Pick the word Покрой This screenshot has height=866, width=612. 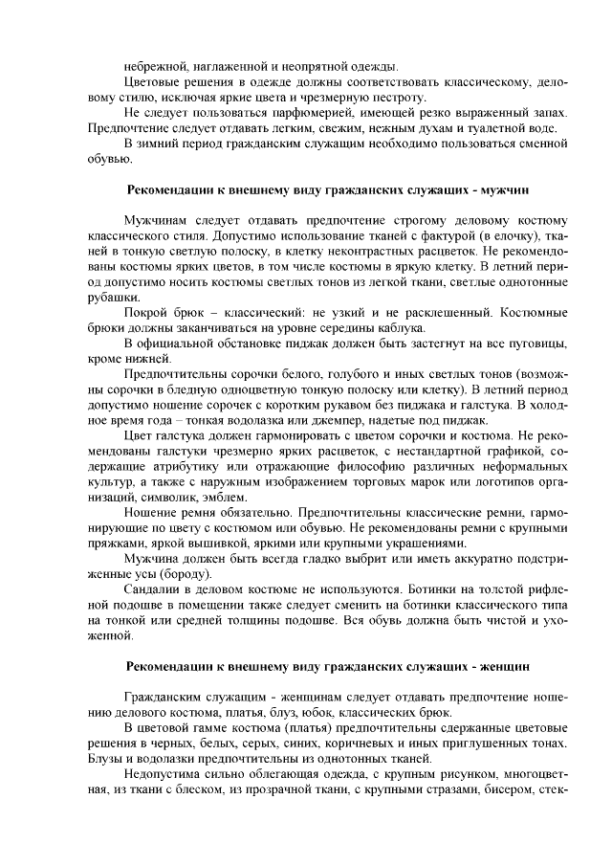(x=147, y=313)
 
